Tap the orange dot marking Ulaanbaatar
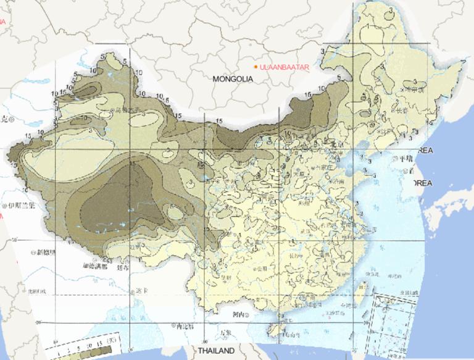click(256, 66)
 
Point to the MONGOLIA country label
click(233, 79)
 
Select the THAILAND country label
click(216, 351)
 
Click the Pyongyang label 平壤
click(404, 158)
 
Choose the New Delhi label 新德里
click(46, 252)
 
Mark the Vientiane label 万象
click(225, 333)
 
